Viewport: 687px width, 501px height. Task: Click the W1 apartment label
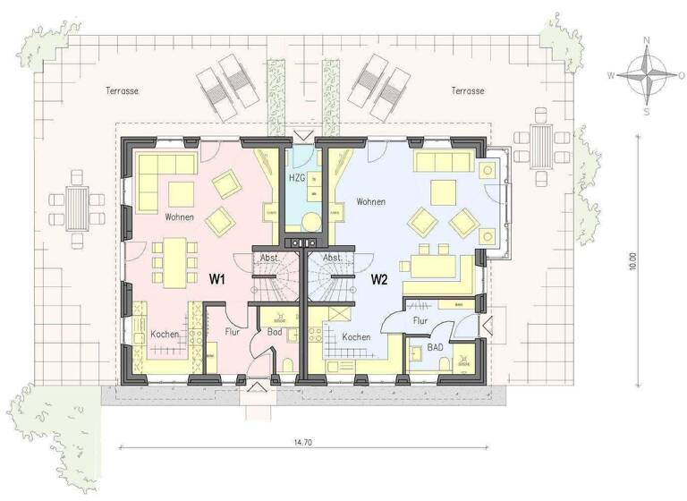tap(216, 278)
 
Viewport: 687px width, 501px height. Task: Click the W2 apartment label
tap(379, 278)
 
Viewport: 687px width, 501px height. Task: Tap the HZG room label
tap(296, 178)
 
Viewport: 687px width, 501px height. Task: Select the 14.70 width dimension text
tap(302, 442)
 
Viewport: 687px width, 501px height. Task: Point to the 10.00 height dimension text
tap(632, 260)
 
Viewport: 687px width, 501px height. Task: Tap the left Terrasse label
tap(122, 91)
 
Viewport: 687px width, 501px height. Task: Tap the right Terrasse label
tap(468, 91)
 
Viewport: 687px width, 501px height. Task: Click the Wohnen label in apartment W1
tap(180, 217)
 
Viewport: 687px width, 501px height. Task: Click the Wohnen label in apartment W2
tap(370, 202)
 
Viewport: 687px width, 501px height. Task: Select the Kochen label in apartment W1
tap(165, 334)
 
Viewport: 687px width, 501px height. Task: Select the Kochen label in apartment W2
tap(356, 336)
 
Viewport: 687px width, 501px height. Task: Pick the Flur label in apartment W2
tap(420, 319)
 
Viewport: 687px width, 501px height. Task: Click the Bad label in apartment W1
tap(276, 332)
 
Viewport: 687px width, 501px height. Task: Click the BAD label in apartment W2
tap(435, 345)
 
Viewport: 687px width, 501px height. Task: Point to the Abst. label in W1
tap(269, 258)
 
